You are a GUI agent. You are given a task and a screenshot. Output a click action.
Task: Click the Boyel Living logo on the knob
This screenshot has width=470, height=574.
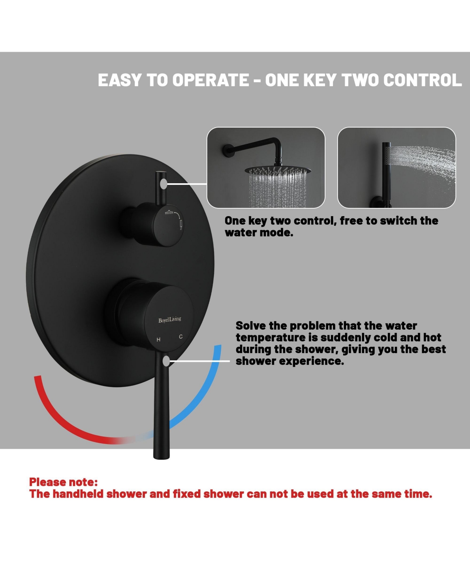coord(170,319)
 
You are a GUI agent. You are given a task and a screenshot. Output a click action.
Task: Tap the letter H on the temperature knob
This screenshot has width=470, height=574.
coord(158,339)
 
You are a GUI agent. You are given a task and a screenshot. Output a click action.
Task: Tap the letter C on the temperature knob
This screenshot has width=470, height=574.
coord(181,337)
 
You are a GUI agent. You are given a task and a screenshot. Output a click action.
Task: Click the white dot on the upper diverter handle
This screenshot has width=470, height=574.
coord(163,184)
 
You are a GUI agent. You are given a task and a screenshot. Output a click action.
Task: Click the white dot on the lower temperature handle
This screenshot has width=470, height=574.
coord(166,361)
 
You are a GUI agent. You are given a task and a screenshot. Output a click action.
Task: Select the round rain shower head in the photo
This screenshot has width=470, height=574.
coord(278,170)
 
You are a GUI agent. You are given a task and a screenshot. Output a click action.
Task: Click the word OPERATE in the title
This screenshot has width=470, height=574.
coord(210,80)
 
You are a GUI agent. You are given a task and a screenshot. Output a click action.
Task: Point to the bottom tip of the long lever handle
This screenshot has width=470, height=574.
coord(161,459)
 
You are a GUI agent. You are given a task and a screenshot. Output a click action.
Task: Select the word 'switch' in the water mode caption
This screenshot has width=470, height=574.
coord(398,221)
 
